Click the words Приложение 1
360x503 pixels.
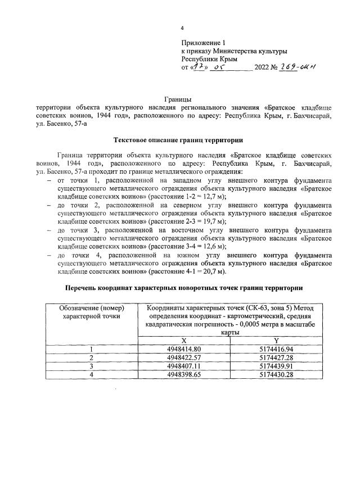point(203,43)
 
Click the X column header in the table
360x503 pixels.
point(184,340)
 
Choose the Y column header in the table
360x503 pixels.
point(276,340)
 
